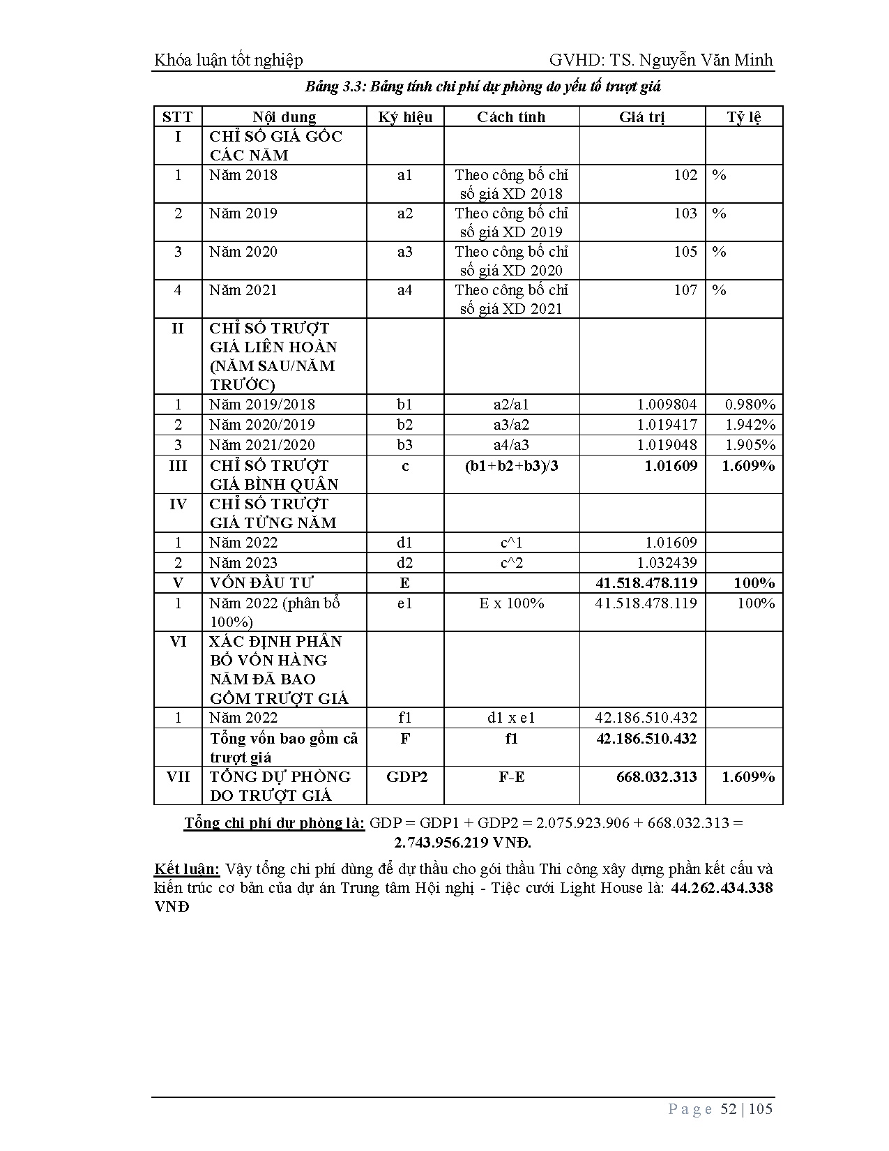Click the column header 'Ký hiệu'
[x=405, y=116]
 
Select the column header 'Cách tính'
[x=511, y=116]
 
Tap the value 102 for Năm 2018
[x=685, y=174]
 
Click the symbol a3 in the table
[x=405, y=251]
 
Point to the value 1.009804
[x=667, y=404]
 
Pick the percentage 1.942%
[x=750, y=424]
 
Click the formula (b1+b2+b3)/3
[x=511, y=465]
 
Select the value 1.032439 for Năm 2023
[x=667, y=562]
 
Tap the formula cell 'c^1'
[x=511, y=542]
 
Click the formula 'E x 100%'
[x=511, y=603]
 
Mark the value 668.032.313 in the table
[x=656, y=776]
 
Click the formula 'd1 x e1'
[x=511, y=717]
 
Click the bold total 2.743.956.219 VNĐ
[x=462, y=842]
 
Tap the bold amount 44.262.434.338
[x=722, y=887]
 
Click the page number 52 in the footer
[x=728, y=1108]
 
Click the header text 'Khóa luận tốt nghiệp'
[x=228, y=60]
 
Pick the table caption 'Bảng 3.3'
[x=334, y=86]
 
